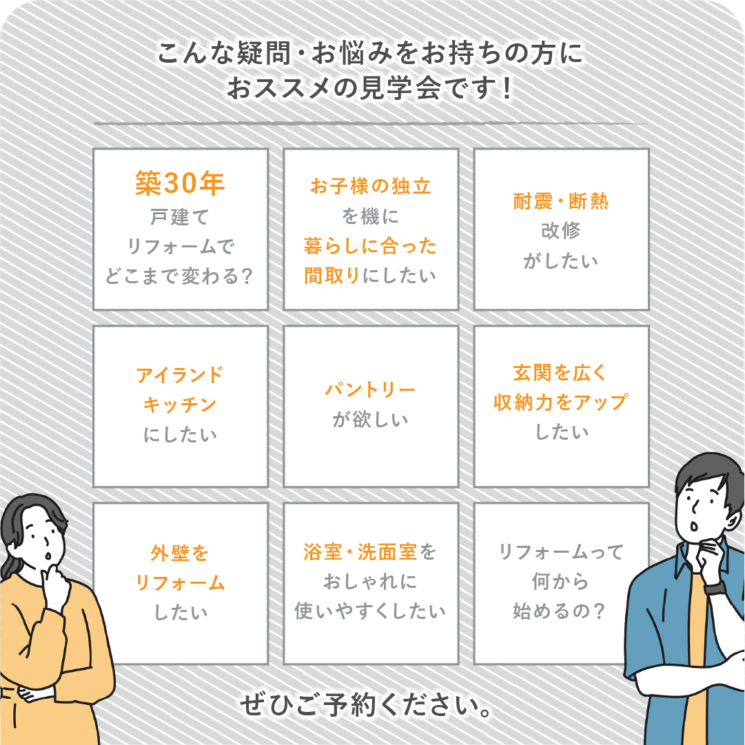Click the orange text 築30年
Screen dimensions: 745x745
click(x=180, y=183)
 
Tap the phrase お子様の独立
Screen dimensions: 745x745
click(x=371, y=186)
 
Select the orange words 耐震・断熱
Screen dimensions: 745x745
click(x=561, y=201)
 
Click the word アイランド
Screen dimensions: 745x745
click(x=180, y=376)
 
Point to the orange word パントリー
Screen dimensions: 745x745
click(x=370, y=390)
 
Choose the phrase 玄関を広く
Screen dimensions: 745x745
click(x=561, y=373)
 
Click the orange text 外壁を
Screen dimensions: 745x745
click(x=180, y=553)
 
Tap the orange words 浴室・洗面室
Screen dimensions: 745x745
click(x=360, y=552)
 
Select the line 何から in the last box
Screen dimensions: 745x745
click(x=561, y=581)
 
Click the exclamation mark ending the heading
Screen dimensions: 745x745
click(x=507, y=89)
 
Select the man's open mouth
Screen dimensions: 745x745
click(x=694, y=527)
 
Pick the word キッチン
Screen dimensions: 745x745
click(x=180, y=405)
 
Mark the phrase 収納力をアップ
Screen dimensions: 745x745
click(x=561, y=402)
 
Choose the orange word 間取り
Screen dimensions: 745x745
click(x=332, y=276)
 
